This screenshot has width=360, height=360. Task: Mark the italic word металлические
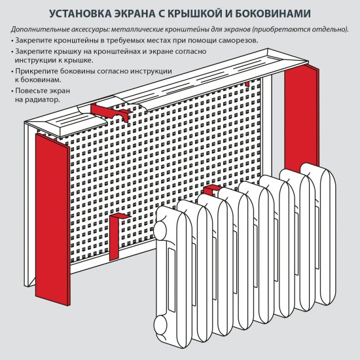134,30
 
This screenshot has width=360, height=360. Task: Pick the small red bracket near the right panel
246,85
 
